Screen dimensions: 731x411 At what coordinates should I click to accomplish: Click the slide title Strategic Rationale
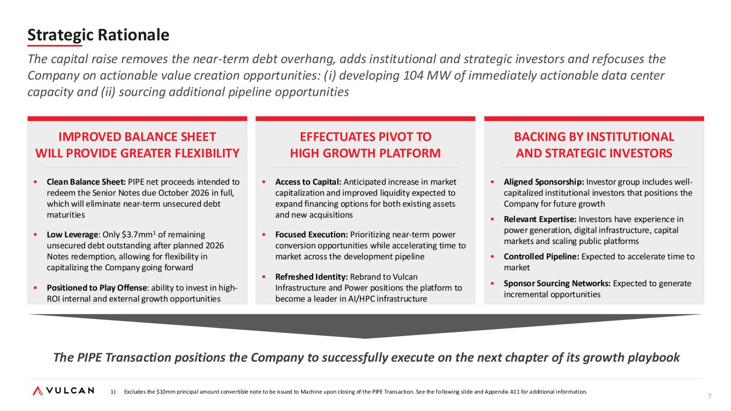[98, 35]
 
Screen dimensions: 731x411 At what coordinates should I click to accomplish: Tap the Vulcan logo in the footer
[63, 391]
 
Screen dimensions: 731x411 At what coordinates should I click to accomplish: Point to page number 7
[710, 396]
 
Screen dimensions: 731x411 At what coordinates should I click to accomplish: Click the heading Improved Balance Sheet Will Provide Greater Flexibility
[137, 145]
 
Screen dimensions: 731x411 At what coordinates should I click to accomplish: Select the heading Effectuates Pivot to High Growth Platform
[365, 145]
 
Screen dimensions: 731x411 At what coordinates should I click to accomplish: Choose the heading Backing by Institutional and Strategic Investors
[594, 145]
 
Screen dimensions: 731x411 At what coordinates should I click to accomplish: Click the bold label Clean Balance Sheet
[86, 182]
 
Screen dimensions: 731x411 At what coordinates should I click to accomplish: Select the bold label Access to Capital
[308, 182]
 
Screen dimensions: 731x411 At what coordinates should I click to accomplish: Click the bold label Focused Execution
[311, 234]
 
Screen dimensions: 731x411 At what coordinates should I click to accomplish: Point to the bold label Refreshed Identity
[311, 277]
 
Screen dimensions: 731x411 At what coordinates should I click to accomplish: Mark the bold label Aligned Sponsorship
[544, 182]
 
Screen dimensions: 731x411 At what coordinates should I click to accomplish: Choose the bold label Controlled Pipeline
[541, 257]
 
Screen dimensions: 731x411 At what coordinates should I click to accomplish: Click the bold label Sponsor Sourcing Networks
[557, 284]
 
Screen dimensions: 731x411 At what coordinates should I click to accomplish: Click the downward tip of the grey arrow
[365, 338]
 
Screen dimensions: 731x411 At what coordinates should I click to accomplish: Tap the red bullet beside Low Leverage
[35, 234]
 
